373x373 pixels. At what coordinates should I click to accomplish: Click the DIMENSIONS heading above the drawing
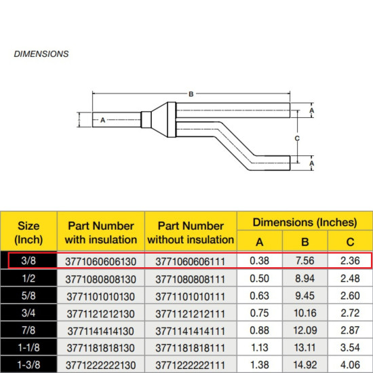pos(41,53)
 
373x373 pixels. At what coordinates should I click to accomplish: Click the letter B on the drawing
pos(191,94)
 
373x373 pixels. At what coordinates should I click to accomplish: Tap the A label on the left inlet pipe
pos(102,120)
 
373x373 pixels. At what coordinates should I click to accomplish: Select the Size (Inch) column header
pos(28,232)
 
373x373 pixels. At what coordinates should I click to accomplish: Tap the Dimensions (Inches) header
pos(305,222)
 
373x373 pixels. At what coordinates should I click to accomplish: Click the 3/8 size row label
pos(28,260)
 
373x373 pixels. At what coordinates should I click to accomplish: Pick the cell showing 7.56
pos(305,260)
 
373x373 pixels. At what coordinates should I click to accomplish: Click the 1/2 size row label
pos(28,277)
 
